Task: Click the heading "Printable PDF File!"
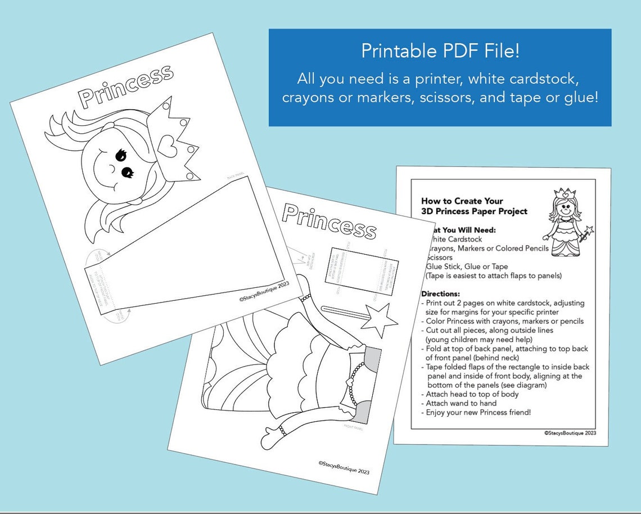440,51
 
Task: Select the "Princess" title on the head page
125,86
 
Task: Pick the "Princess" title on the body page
329,220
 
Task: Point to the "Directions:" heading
441,294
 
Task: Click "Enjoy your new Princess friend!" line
478,412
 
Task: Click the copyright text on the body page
344,467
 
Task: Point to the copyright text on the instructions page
570,433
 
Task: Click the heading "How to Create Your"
462,201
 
